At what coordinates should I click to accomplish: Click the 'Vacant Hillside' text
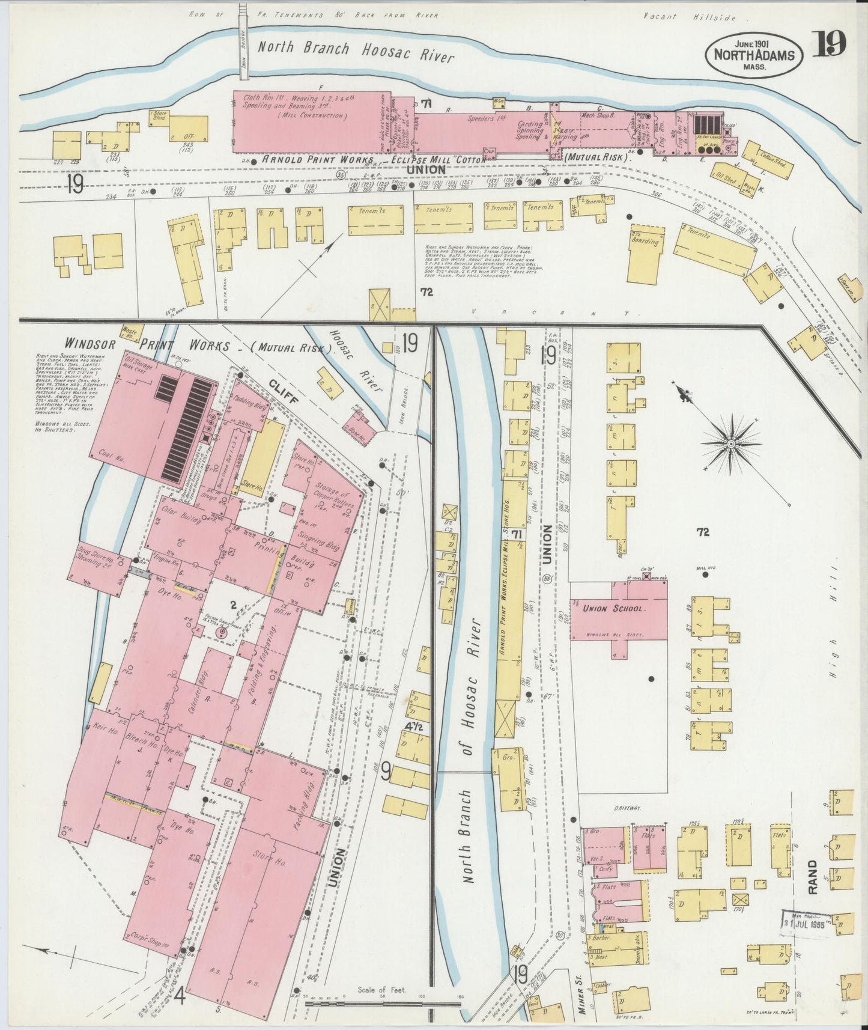click(699, 17)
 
